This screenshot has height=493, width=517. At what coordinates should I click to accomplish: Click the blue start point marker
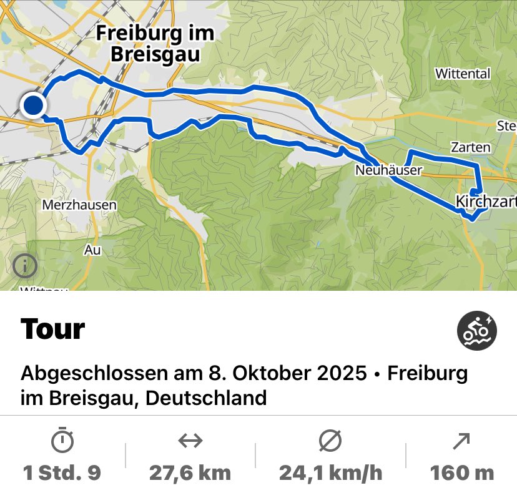click(x=33, y=105)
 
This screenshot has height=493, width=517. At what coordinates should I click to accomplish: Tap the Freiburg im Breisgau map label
click(x=155, y=43)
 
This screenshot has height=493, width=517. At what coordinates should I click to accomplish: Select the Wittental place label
click(x=463, y=74)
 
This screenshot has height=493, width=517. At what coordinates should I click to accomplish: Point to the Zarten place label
click(x=471, y=148)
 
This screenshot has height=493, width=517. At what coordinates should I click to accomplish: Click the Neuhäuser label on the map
click(x=389, y=170)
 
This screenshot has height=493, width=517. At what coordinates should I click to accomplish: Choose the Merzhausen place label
click(x=79, y=205)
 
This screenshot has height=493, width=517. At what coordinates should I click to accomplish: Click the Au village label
click(x=92, y=250)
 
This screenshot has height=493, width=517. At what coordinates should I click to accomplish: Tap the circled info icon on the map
click(x=25, y=266)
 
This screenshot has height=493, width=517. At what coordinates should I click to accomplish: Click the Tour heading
click(x=52, y=329)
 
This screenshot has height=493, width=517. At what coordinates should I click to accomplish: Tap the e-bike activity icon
click(x=477, y=331)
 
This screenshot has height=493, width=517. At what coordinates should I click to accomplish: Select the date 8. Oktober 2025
click(x=286, y=373)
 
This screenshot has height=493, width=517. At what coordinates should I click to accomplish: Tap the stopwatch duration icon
click(x=62, y=441)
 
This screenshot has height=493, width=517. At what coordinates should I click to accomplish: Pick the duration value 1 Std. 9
click(x=62, y=472)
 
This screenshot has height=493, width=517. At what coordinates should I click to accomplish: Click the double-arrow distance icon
click(x=190, y=441)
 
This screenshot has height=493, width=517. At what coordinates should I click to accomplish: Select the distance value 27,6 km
click(x=190, y=472)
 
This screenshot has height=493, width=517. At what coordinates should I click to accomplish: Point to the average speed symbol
click(x=330, y=441)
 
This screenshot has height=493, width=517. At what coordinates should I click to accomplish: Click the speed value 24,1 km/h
click(x=330, y=472)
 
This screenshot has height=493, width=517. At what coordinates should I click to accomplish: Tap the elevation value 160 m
click(x=461, y=472)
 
